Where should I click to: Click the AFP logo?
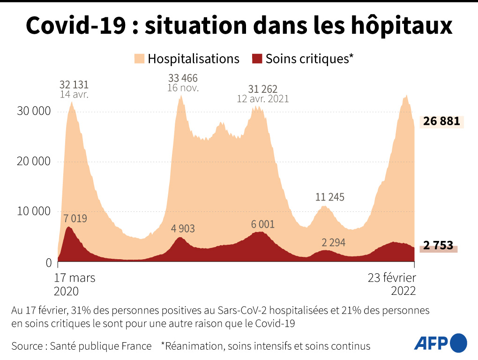pyautogui.click(x=441, y=343)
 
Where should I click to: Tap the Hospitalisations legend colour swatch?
pyautogui.click(x=140, y=59)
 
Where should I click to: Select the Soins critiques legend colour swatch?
pyautogui.click(x=257, y=59)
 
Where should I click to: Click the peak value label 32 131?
pyautogui.click(x=74, y=85)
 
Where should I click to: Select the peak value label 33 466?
pyautogui.click(x=183, y=78)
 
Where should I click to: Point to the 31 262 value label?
pyautogui.click(x=263, y=89)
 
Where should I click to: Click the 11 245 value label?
pyautogui.click(x=330, y=197)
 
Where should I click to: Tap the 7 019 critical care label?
pyautogui.click(x=75, y=218)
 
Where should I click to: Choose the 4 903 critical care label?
pyautogui.click(x=183, y=229)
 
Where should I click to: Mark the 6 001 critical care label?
pyautogui.click(x=263, y=224)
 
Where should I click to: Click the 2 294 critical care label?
pyautogui.click(x=334, y=242)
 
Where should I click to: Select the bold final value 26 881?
pyautogui.click(x=441, y=121)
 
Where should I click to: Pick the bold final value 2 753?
pyautogui.click(x=438, y=245)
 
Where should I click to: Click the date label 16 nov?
pyautogui.click(x=183, y=88)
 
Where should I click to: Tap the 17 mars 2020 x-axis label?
pyautogui.click(x=75, y=284)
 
